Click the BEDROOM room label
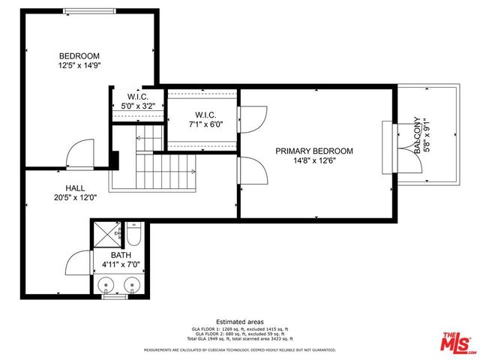(x=79, y=56)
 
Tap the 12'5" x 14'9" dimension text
(x=79, y=66)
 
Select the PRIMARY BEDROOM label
(x=313, y=151)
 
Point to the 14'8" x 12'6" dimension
(x=313, y=160)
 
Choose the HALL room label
(x=75, y=188)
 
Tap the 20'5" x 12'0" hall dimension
(x=75, y=198)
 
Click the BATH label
(x=121, y=255)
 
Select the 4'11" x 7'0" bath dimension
(x=121, y=265)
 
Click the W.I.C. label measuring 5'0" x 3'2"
(x=137, y=97)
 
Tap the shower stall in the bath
(x=107, y=233)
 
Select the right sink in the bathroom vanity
(x=133, y=285)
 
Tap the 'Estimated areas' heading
(x=239, y=320)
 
